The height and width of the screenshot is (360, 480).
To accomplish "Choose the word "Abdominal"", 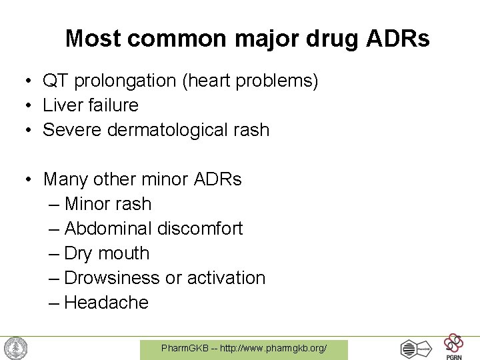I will pyautogui.click(x=108, y=229).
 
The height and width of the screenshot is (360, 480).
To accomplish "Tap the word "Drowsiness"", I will pyautogui.click(x=112, y=278).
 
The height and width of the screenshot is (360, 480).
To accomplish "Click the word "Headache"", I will pyautogui.click(x=107, y=303).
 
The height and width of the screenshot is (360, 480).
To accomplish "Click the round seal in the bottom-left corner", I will pyautogui.click(x=15, y=348).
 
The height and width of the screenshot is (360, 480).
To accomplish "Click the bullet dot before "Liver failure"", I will pyautogui.click(x=31, y=106).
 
